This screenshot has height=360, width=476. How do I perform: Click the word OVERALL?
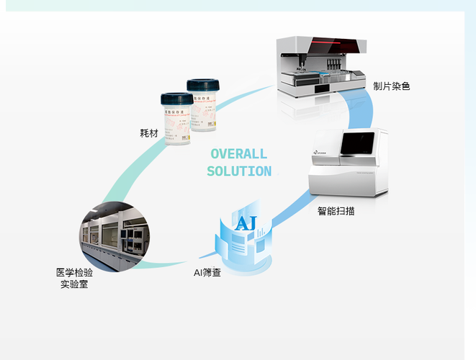pyautogui.click(x=238, y=153)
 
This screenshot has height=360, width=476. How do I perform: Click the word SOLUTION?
pyautogui.click(x=239, y=171)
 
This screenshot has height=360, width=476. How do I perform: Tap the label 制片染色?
pyautogui.click(x=392, y=86)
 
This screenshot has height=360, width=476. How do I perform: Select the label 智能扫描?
pyautogui.click(x=336, y=212)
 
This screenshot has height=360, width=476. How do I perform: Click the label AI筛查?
pyautogui.click(x=207, y=273)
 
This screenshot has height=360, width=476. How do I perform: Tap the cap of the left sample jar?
pyautogui.click(x=176, y=99)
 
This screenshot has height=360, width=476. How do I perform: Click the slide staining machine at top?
pyautogui.click(x=321, y=67)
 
